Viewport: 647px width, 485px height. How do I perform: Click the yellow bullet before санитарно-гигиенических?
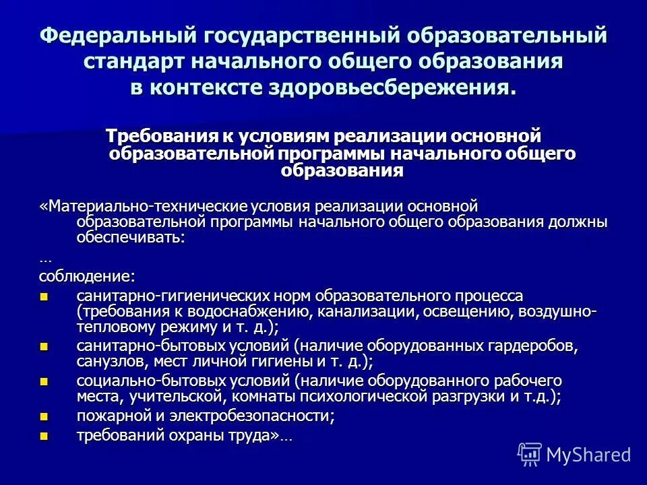pos(45,296)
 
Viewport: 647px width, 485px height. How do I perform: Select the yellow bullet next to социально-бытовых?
pos(45,381)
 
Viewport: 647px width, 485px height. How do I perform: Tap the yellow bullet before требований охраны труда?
pos(45,436)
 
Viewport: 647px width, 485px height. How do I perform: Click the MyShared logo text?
pos(588,455)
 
